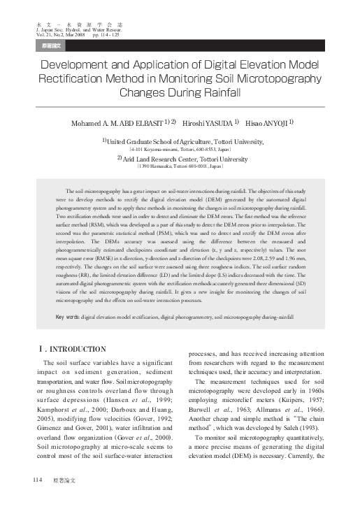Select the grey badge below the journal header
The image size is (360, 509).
(48, 46)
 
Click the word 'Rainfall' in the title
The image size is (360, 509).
(211, 92)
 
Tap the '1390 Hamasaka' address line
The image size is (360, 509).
(179, 168)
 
